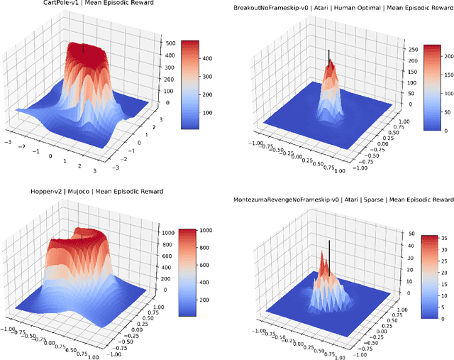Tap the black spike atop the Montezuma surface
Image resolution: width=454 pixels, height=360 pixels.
tap(328, 249)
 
